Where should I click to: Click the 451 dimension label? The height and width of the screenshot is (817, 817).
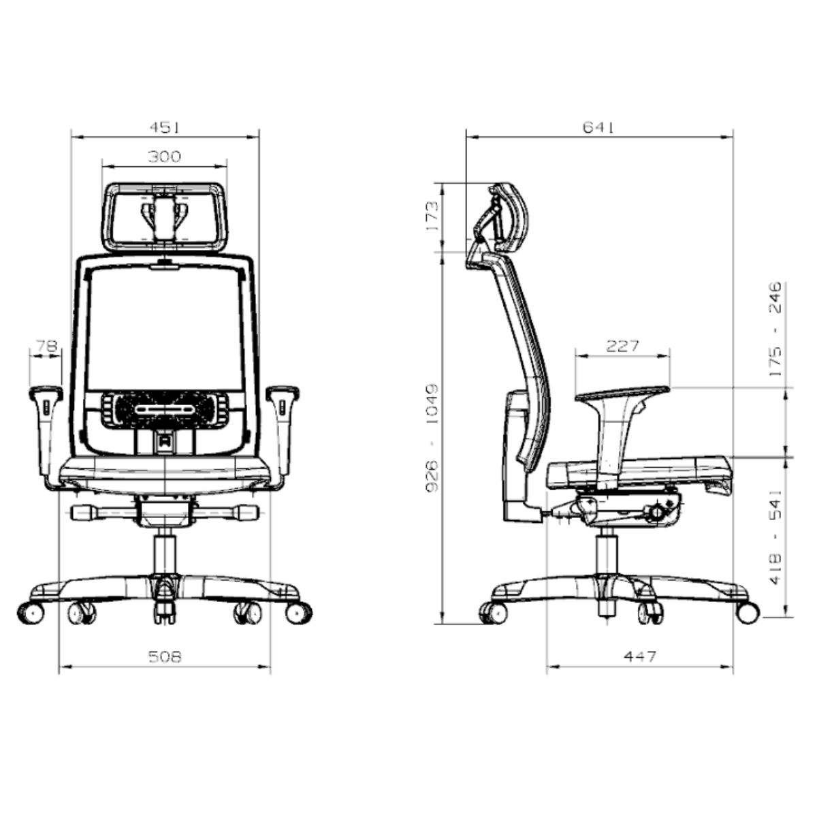(165, 127)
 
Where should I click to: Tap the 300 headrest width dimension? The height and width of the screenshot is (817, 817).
(165, 157)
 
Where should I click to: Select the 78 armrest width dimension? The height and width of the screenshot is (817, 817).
(46, 346)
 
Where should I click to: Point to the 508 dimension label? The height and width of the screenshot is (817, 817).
(165, 657)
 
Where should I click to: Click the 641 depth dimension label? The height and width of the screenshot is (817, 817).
(598, 127)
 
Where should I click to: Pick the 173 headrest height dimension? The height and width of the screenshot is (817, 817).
(433, 217)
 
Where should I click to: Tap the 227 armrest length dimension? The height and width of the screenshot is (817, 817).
(622, 347)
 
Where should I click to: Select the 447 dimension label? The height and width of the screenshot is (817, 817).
(640, 657)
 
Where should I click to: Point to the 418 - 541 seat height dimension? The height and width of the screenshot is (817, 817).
(775, 538)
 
